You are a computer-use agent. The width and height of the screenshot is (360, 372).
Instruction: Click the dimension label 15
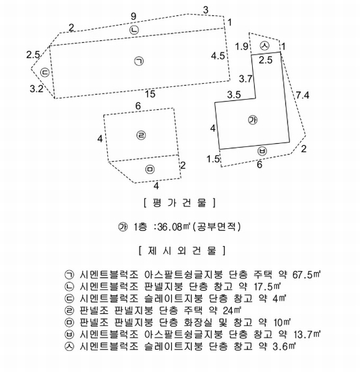pos(150,94)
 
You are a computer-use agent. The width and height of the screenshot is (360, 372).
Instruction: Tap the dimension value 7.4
pos(302,95)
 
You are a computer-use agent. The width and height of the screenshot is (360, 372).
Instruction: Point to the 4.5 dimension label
pos(218,56)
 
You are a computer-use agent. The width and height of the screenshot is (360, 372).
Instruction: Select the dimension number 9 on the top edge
pos(133,16)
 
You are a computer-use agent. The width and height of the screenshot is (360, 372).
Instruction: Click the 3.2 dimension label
pos(37,89)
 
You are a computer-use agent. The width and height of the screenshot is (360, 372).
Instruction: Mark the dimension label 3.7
pos(246,79)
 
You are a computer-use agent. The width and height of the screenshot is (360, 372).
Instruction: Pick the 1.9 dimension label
pos(242,46)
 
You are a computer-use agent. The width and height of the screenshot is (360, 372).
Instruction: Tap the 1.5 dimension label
pos(213,159)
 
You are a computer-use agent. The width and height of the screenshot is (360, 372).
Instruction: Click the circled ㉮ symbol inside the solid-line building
pos(253,120)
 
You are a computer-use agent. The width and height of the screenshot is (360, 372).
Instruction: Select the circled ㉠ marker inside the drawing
pos(139,61)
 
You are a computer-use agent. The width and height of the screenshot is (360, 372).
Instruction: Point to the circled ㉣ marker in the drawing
pos(141,135)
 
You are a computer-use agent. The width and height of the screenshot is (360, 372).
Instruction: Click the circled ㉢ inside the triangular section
pos(45,72)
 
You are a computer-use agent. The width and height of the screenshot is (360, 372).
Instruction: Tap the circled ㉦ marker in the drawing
pos(265,45)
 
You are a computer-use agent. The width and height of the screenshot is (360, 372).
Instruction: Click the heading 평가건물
pos(180,203)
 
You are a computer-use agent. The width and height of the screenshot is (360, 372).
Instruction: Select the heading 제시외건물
pos(182,250)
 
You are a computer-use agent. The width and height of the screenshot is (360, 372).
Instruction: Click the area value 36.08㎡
pos(174,227)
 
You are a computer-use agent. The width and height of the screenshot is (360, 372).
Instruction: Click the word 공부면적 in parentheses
pos(216,227)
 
